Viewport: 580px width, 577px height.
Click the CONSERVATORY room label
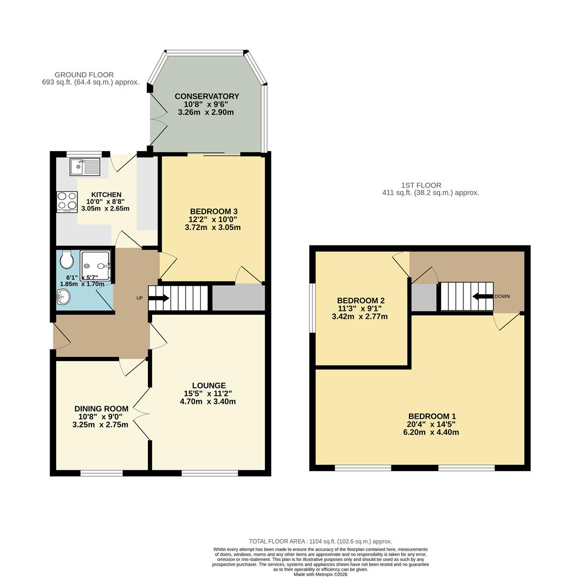207,97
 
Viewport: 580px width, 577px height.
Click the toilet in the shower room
67,261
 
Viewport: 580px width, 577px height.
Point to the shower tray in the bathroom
96,266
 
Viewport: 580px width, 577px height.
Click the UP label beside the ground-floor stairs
139,298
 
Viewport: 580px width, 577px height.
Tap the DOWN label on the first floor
502,296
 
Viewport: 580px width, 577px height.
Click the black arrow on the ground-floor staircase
159,298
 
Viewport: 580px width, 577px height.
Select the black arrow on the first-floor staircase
483,297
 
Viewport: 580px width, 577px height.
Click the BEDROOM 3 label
214,212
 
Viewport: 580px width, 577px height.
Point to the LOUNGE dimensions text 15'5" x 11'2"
209,394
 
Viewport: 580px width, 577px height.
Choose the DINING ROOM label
101,409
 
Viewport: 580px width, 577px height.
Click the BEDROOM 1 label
432,416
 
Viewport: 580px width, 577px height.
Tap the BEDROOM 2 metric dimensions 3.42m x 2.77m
359,317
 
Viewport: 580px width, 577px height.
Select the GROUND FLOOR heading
84,75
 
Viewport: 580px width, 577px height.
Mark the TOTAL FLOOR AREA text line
320,541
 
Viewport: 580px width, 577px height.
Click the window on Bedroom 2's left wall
313,308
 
